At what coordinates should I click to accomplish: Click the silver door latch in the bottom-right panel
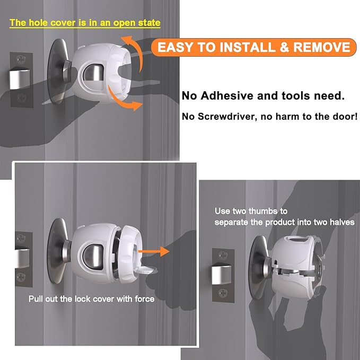coord(221,276)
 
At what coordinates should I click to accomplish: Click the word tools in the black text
coord(297,96)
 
